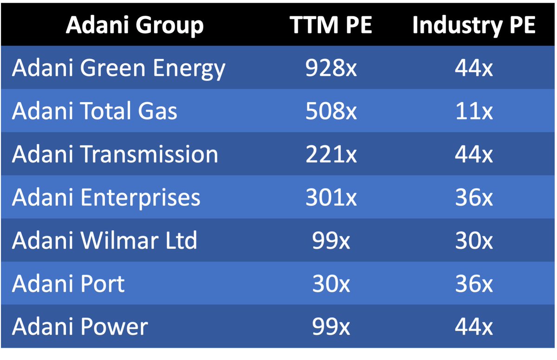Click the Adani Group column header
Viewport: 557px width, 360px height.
point(135,26)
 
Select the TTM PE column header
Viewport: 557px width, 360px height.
point(330,25)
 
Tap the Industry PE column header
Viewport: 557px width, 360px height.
point(474,26)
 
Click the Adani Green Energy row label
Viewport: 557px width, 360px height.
point(119,68)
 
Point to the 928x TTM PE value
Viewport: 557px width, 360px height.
point(331,68)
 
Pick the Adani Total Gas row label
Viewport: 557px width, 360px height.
point(95,111)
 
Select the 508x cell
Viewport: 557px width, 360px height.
point(331,111)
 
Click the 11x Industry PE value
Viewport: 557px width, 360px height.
point(474,111)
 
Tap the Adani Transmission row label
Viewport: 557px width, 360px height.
point(115,154)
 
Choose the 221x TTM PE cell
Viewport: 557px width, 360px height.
point(331,154)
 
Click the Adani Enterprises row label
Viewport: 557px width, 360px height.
point(106,197)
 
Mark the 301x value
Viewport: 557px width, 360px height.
point(331,197)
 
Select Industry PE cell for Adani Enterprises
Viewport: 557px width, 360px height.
point(474,197)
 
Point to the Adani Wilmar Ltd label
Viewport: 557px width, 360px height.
point(104,240)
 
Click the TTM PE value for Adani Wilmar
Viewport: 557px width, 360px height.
point(331,240)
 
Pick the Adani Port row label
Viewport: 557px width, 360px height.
point(68,283)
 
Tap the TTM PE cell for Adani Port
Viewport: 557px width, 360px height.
point(331,284)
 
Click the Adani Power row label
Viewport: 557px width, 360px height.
point(80,327)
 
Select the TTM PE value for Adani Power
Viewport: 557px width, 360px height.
point(331,327)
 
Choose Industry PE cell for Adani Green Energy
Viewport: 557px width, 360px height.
point(474,68)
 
